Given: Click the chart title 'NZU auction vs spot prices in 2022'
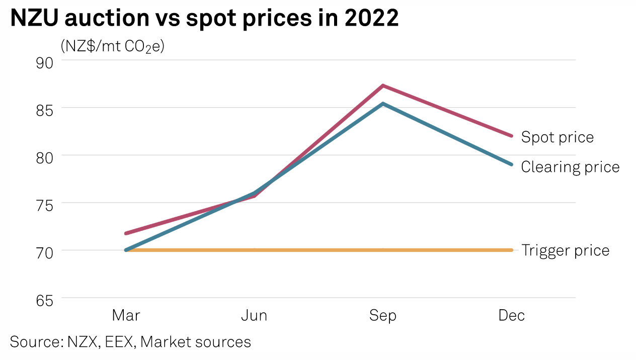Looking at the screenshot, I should pyautogui.click(x=204, y=19).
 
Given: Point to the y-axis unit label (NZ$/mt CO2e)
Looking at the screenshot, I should pyautogui.click(x=113, y=46).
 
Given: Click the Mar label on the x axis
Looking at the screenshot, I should pyautogui.click(x=126, y=315).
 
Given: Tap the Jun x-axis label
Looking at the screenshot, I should pyautogui.click(x=254, y=315).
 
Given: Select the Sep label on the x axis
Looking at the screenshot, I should pyautogui.click(x=383, y=315).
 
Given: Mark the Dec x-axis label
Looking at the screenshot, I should pyautogui.click(x=511, y=315).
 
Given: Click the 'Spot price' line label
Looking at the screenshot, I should pyautogui.click(x=557, y=137).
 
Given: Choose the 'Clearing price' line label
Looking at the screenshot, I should pyautogui.click(x=570, y=166).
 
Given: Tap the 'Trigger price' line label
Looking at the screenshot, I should pyautogui.click(x=565, y=250).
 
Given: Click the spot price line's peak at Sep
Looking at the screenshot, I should pyautogui.click(x=383, y=86).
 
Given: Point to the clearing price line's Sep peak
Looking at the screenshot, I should pyautogui.click(x=383, y=104).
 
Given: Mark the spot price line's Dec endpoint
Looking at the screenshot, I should pyautogui.click(x=511, y=136).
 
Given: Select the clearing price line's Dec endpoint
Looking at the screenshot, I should pyautogui.click(x=511, y=164).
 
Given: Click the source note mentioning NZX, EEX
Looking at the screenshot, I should pyautogui.click(x=130, y=342).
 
